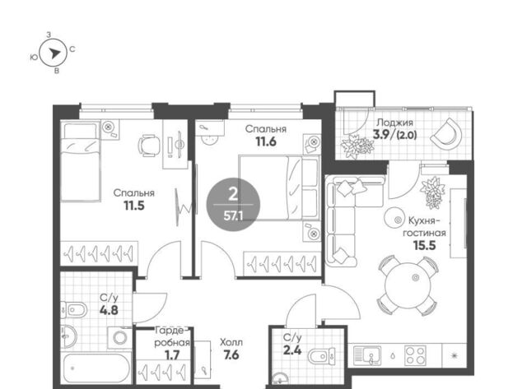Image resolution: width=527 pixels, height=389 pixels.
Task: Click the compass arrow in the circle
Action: coord(54,53)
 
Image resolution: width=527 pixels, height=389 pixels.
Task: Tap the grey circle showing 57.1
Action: coord(233,205)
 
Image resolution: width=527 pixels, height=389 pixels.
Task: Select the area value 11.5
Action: coord(134,206)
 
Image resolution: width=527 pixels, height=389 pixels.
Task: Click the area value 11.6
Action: coord(266,141)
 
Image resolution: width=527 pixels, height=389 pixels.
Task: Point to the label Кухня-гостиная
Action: coord(424,227)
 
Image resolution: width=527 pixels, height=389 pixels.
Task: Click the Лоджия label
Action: coord(394,123)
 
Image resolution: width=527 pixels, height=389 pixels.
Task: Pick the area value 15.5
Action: coord(425,245)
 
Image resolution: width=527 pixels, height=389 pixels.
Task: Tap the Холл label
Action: coord(231,343)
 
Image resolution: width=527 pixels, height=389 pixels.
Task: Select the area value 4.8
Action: coord(109,310)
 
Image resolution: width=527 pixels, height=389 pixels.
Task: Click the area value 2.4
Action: coord(292,350)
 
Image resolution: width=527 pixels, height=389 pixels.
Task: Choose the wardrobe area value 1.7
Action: coord(172,354)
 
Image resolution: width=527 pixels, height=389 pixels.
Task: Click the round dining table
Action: coord(408,285)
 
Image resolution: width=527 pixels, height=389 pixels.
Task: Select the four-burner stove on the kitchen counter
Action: coord(415,356)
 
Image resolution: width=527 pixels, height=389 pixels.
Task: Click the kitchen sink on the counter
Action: coord(367,356)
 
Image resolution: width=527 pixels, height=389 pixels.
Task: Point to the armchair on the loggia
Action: coord(446,133)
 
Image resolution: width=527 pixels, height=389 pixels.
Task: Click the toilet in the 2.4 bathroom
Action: coord(322,356)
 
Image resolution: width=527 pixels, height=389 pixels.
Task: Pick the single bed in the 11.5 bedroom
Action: coord(81,162)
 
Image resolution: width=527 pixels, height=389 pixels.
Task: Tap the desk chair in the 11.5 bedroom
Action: coord(149,146)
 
